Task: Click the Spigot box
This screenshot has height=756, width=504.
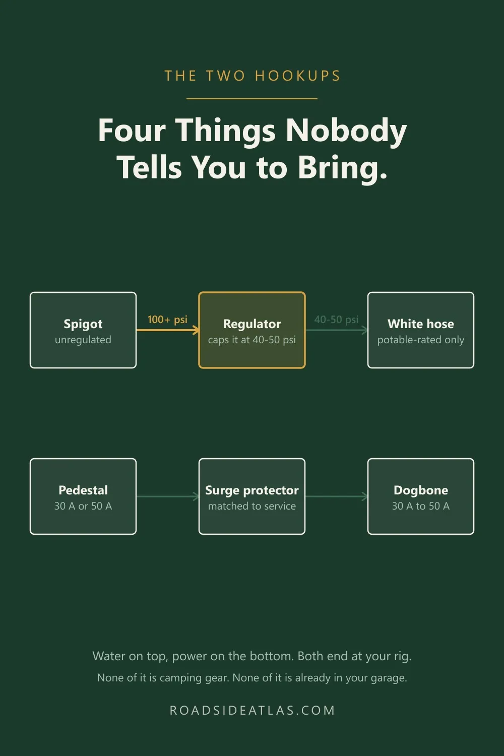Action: [x=83, y=330]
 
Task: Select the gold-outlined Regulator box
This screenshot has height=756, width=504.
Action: [x=252, y=330]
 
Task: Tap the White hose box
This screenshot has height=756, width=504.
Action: [x=421, y=330]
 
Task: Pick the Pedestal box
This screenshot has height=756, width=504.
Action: [x=83, y=496]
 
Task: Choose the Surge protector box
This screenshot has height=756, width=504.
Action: [x=252, y=496]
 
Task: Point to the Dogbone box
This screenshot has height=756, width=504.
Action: [x=421, y=496]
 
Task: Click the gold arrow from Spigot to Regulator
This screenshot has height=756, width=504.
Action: [x=168, y=330]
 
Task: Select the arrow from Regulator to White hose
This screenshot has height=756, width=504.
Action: [x=337, y=330]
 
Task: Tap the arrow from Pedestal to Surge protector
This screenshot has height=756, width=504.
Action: [x=168, y=496]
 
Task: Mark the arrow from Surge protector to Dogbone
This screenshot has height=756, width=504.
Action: [x=337, y=496]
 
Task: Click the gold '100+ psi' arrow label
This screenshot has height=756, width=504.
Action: [x=167, y=319]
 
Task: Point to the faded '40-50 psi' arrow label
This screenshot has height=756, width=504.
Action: [x=336, y=319]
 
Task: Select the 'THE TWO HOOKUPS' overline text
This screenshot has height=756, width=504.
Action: [x=252, y=76]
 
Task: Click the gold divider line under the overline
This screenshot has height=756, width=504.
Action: [x=252, y=99]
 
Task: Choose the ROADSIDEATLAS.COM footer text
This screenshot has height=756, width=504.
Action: [x=252, y=710]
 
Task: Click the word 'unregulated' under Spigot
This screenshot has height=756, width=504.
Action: [x=83, y=340]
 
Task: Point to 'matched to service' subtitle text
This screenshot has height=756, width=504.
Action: [x=252, y=506]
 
